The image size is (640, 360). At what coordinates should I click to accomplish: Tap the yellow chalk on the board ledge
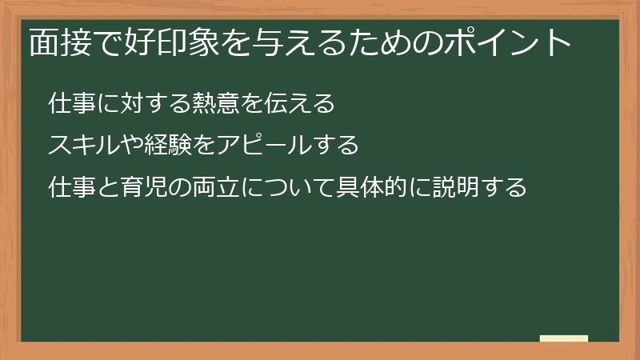click(x=564, y=338)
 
